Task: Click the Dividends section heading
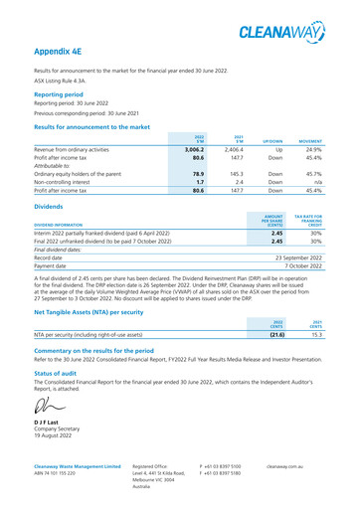click(x=51, y=207)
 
